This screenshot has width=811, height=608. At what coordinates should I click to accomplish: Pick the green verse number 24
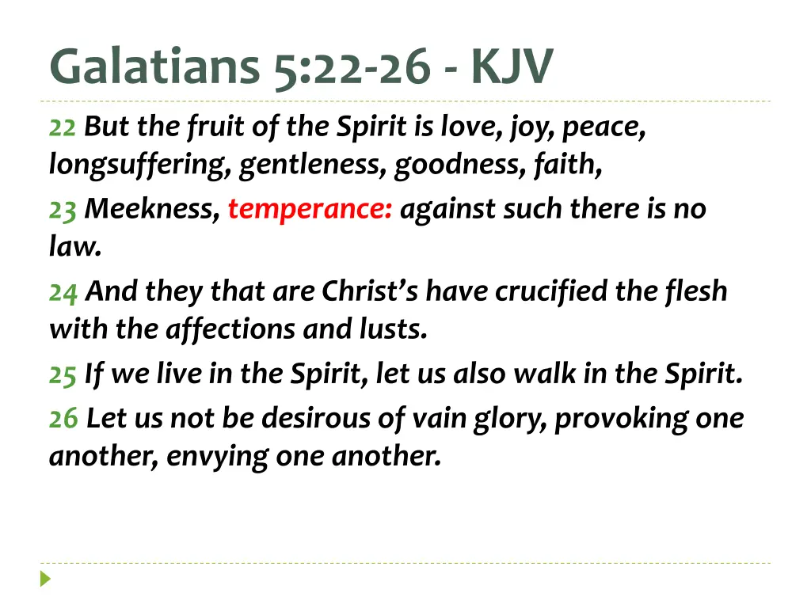coord(63,292)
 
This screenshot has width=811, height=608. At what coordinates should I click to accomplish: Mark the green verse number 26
coord(63,417)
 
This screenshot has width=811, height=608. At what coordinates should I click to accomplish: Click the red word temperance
coord(309,210)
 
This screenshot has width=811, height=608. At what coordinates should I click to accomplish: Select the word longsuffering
coord(139,166)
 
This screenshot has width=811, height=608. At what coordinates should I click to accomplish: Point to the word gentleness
coord(314,166)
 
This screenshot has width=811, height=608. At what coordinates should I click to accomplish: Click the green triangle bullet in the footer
coord(46,579)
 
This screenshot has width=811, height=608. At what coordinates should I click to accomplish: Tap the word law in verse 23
coord(73,247)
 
